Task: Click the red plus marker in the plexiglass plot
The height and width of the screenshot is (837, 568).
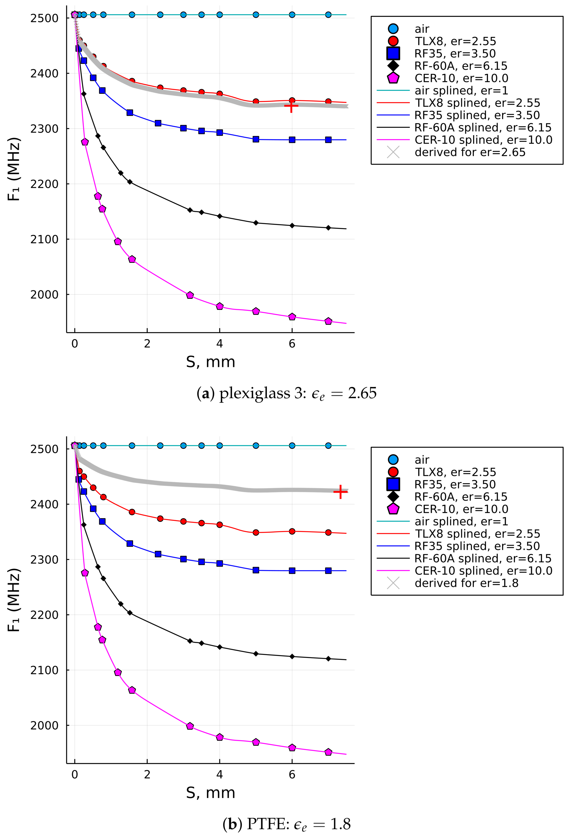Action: tap(291, 106)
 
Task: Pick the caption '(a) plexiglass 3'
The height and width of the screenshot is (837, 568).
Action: tap(286, 393)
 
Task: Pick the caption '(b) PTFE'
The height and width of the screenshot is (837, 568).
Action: tap(286, 824)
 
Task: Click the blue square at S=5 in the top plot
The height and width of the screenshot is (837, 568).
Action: tap(256, 139)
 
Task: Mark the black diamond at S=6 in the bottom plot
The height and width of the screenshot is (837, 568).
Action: tap(292, 657)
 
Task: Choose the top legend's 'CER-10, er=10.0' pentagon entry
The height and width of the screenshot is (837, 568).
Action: tap(461, 78)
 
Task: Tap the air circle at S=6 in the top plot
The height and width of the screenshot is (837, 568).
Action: tap(292, 15)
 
